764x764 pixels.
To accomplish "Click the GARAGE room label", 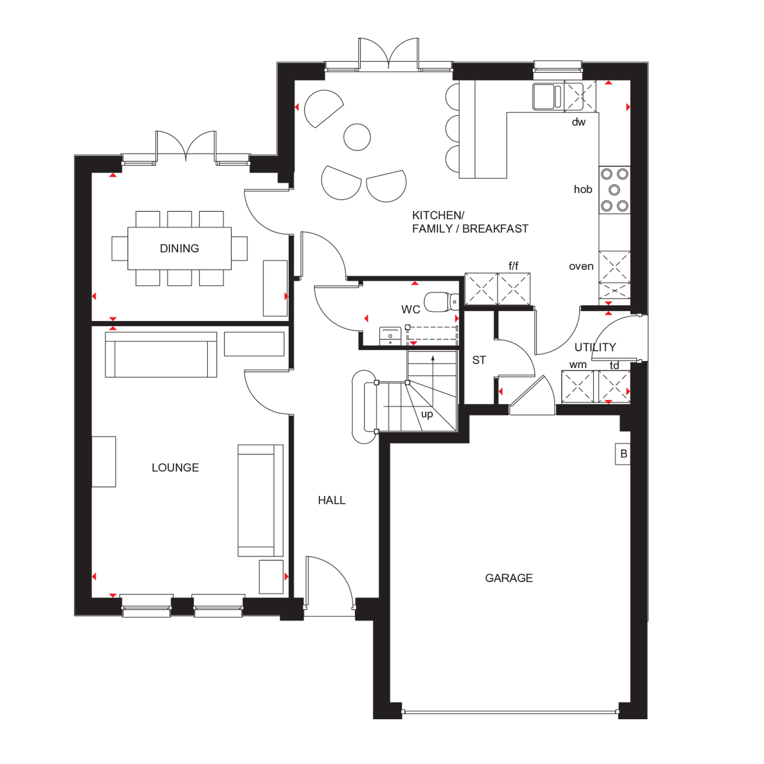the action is coord(509,578).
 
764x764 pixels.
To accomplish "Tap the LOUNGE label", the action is coord(175,468).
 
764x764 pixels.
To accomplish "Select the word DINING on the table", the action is coord(179,249).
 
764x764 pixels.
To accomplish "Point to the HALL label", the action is coord(332,501).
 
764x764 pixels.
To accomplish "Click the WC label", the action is coord(411,310).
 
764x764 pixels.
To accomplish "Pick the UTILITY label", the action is coord(595,347).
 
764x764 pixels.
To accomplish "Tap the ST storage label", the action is coord(479,361).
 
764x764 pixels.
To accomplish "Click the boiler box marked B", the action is coord(623,454).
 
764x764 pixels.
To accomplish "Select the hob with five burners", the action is coord(615,190).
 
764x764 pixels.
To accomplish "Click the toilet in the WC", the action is coord(442,302).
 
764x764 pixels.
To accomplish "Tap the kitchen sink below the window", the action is coord(547,97).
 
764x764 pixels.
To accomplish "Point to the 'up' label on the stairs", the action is coord(427,415).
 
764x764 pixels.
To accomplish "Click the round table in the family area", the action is coord(357,137).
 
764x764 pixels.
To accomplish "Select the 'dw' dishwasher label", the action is coord(579,122).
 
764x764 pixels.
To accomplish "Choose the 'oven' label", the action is coord(581,266).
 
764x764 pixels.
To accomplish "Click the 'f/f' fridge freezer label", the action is coord(513,266).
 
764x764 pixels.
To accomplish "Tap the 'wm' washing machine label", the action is coord(578,365).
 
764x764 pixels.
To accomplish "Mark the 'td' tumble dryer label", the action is coord(614,366).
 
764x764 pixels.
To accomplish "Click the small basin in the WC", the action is coord(390,336).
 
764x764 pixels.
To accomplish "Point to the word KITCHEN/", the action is coord(438,215).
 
